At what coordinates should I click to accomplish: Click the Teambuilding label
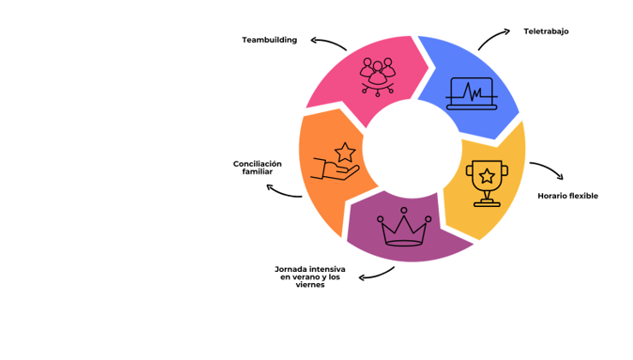269,40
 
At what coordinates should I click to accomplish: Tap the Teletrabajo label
546,32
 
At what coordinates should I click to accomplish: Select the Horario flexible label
567,196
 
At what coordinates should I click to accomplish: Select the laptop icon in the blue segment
471,93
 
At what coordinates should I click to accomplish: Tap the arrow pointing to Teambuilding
328,43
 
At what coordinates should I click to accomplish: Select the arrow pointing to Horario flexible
547,169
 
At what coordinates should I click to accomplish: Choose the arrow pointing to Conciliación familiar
283,192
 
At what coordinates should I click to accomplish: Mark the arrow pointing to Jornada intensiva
377,274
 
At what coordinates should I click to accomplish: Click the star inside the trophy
486,175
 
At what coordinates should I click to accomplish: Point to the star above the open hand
345,152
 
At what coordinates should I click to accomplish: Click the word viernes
309,285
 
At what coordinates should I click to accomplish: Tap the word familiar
257,172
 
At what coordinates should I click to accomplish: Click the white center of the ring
410,147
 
